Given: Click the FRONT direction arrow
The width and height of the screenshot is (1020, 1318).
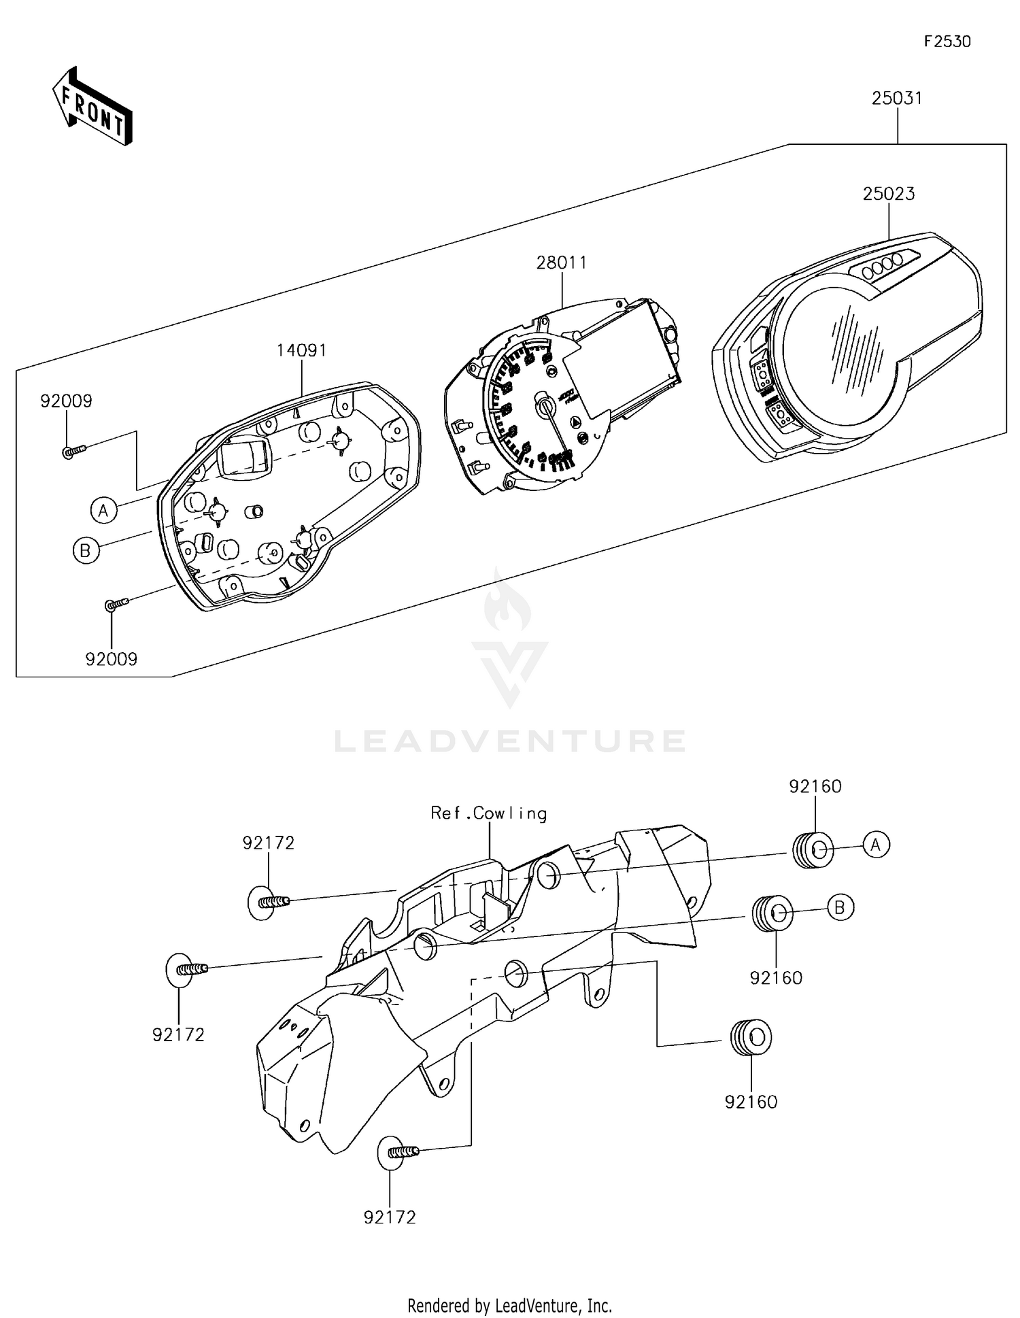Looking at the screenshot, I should tap(92, 107).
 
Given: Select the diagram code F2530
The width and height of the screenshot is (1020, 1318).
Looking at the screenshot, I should tap(947, 41).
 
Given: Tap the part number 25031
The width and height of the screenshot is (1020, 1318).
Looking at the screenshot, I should tap(897, 99).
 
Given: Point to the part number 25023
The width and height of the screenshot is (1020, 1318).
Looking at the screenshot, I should tap(888, 194).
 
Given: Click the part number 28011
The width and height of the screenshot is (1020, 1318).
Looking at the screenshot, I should tap(561, 263).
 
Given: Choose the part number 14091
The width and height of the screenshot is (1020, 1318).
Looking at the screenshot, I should tap(301, 351).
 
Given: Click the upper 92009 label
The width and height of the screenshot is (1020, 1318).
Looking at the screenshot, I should tap(66, 401).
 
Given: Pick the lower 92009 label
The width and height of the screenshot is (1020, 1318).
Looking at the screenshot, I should tap(111, 659).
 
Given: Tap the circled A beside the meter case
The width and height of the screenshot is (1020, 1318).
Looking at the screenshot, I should tap(103, 509).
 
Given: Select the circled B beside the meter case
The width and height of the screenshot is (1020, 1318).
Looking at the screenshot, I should tap(86, 550).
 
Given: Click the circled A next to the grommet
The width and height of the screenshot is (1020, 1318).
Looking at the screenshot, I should tap(876, 845).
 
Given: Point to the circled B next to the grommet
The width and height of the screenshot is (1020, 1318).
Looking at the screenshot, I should tap(840, 907).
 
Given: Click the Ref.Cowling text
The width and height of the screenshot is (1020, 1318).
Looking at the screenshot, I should tap(488, 813).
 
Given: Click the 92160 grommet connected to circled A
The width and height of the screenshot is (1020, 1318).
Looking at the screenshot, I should tap(813, 850).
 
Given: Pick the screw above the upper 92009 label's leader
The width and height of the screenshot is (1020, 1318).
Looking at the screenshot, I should tap(73, 450).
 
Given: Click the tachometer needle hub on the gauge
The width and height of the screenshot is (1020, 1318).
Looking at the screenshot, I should tap(545, 406).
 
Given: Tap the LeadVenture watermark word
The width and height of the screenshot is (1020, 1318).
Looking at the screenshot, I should tap(509, 741).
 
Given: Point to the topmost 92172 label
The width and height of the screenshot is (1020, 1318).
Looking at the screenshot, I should tap(269, 843).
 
